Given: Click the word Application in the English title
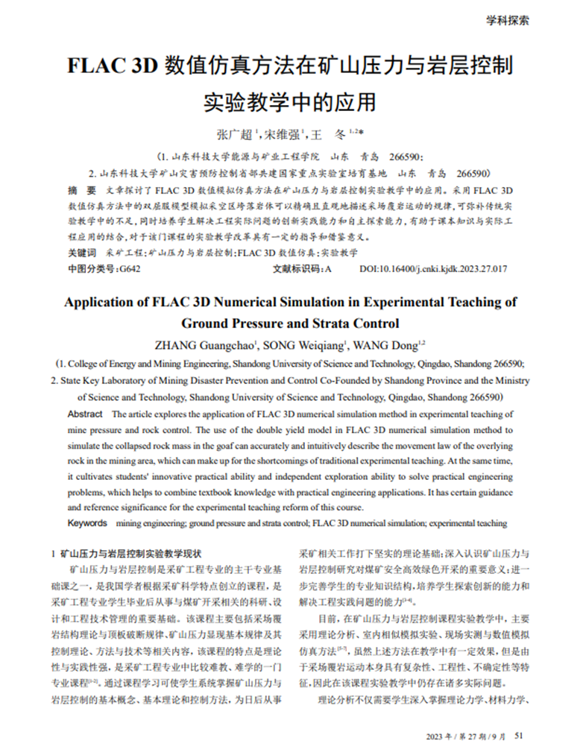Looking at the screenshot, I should [101, 302].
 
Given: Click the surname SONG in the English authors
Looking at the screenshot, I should [282, 345].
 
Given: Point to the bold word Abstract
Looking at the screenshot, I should [85, 413].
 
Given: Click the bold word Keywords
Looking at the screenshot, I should [87, 523].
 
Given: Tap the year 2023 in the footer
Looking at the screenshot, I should [435, 736].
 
